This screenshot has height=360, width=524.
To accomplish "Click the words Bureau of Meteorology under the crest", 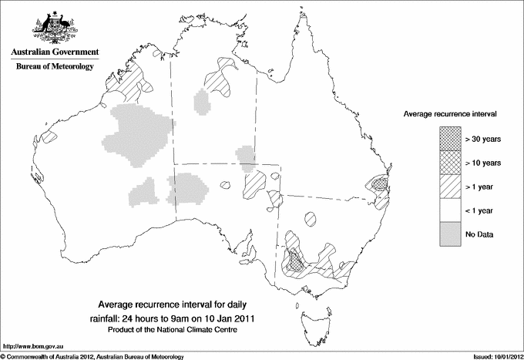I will point(55,67).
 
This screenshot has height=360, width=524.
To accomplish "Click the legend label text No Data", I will point(479,234).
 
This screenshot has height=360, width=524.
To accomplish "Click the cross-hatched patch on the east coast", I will point(378,185).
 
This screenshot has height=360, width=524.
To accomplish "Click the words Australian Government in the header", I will point(55,52).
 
